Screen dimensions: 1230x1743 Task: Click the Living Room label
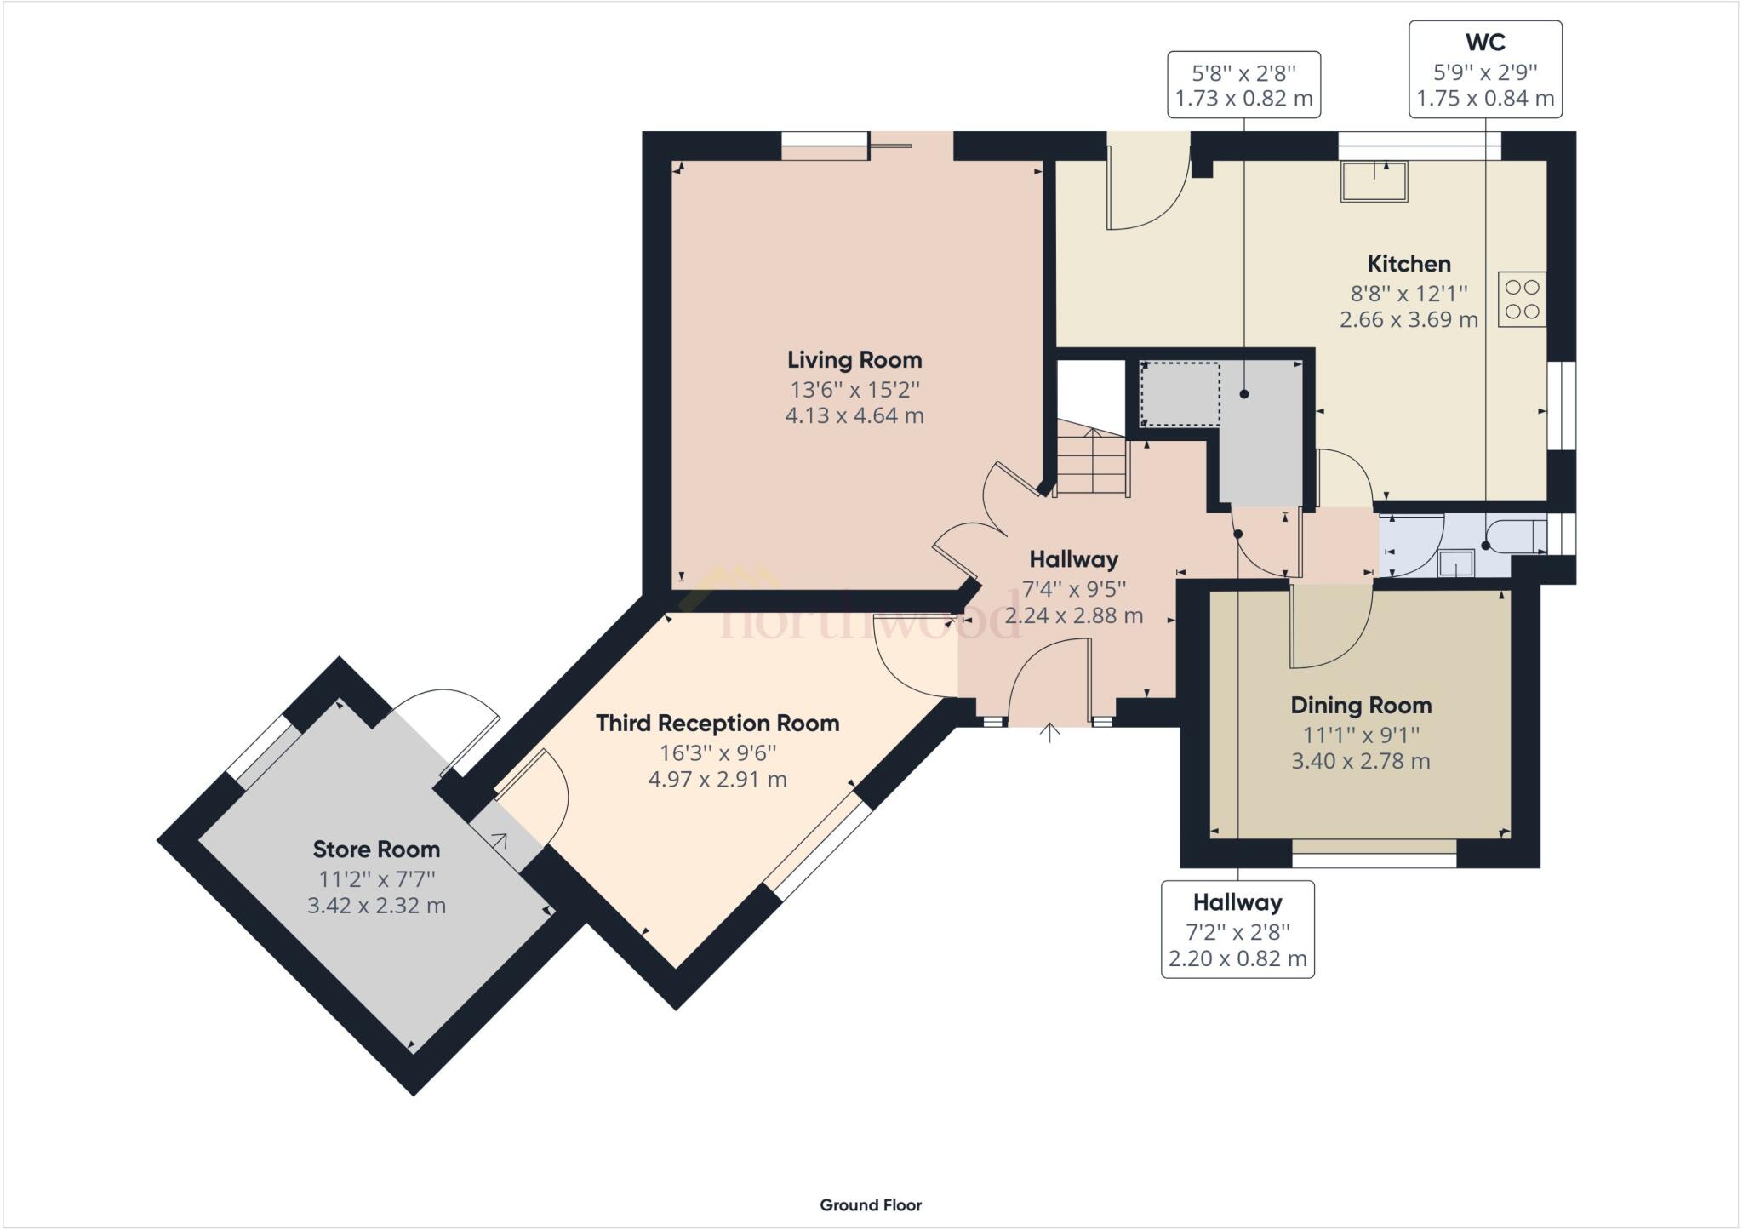point(854,360)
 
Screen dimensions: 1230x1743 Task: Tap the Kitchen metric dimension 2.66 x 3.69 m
point(1409,320)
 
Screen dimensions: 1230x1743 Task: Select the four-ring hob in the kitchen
point(1522,300)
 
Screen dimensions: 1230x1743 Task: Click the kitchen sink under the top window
point(1374,181)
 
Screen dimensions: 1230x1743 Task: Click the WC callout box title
point(1485,42)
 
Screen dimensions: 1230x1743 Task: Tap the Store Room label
point(376,850)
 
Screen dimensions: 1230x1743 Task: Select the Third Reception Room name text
point(717,724)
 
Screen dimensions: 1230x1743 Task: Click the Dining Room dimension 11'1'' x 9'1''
point(1360,734)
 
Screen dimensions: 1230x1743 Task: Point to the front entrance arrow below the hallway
point(1049,733)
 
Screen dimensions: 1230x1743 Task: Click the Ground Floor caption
point(871,1205)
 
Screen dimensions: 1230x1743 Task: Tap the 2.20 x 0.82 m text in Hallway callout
point(1237,958)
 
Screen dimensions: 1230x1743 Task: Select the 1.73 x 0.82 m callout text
point(1243,99)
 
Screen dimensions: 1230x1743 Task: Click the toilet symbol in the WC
point(1516,535)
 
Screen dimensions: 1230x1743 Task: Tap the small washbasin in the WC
point(1455,563)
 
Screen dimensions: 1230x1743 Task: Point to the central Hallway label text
point(1073,559)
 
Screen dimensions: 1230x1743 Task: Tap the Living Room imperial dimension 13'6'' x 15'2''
point(854,390)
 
